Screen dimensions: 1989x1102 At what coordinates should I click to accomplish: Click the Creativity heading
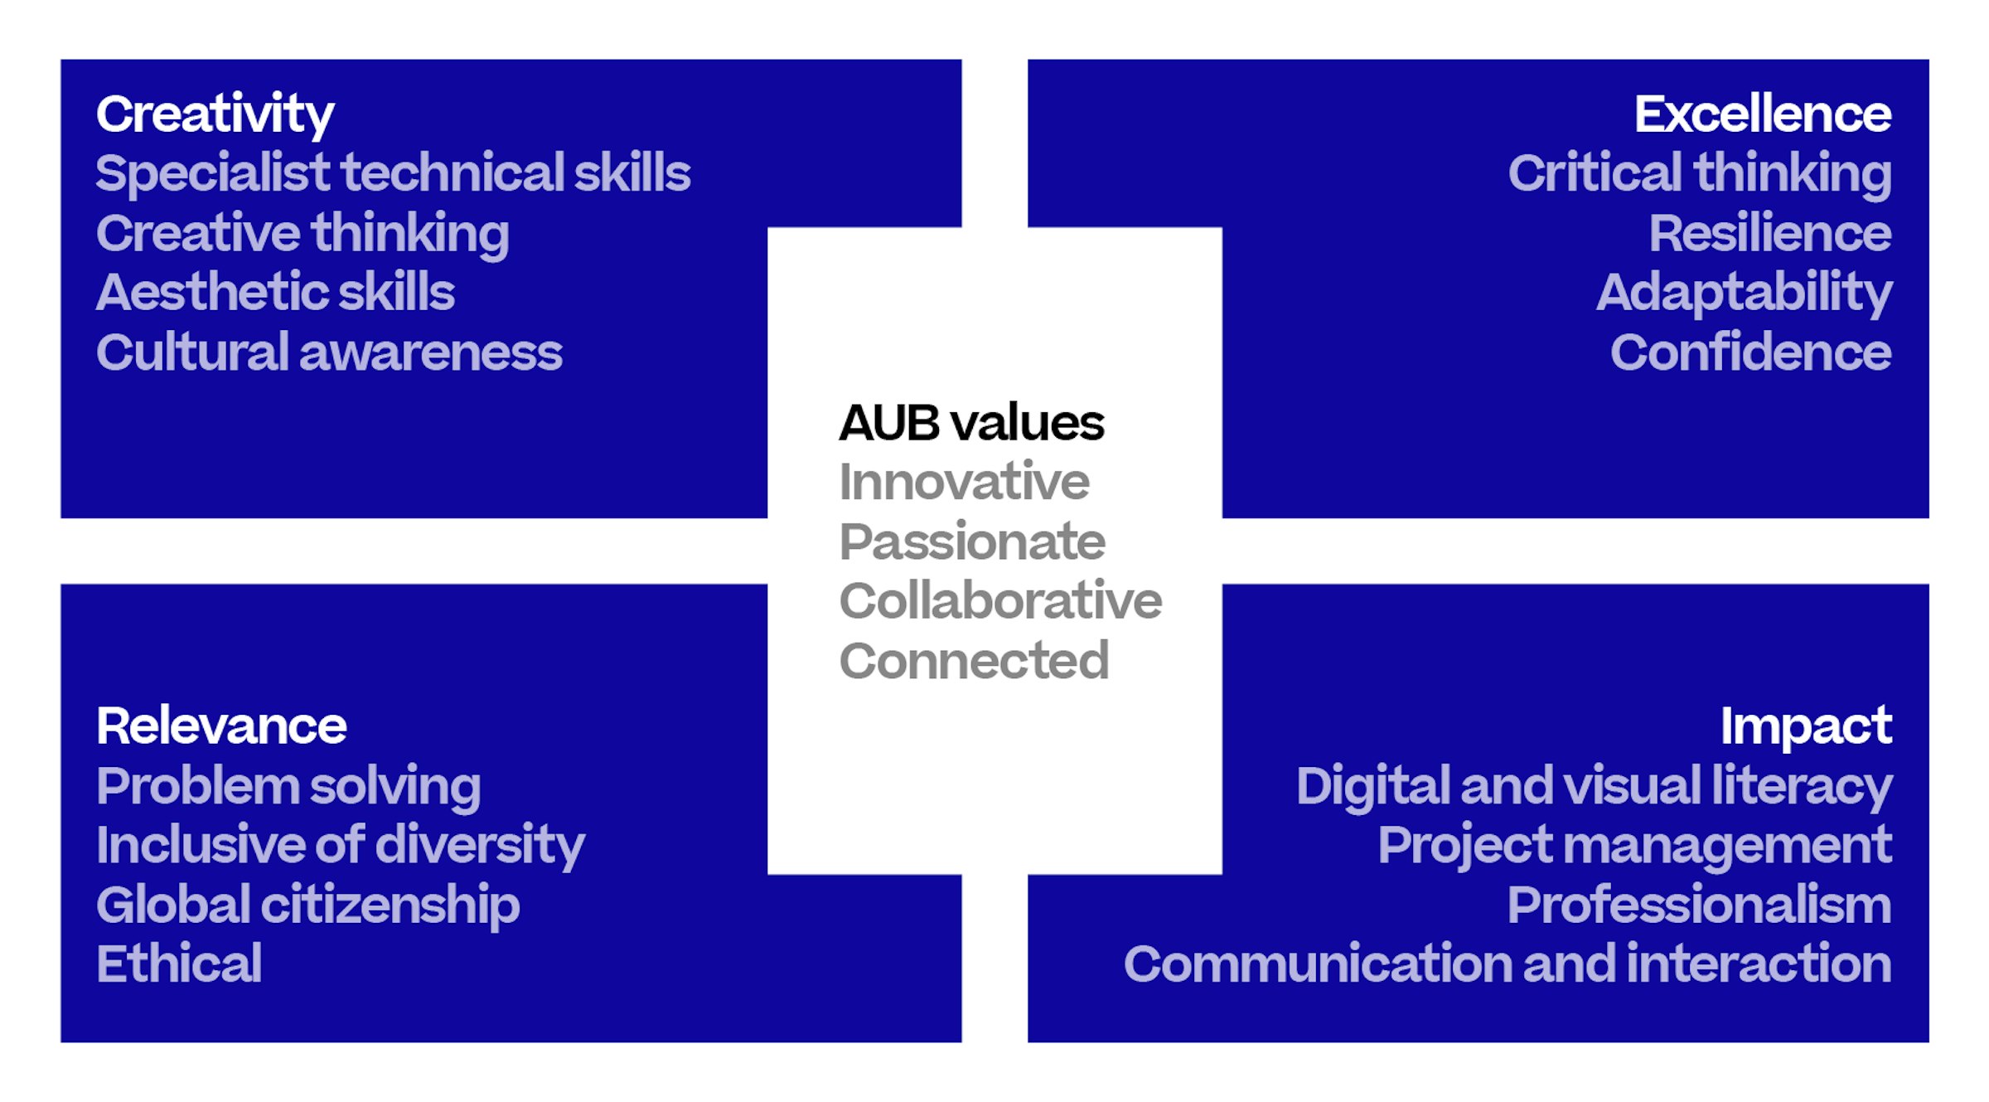tap(215, 115)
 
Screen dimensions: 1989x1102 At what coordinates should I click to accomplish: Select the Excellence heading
tap(1763, 114)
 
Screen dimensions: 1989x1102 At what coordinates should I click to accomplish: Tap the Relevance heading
tap(221, 726)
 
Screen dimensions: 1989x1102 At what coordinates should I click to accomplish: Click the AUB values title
tap(971, 423)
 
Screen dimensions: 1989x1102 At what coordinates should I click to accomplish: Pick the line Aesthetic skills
tap(275, 293)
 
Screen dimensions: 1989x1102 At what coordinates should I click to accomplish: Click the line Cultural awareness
tap(329, 352)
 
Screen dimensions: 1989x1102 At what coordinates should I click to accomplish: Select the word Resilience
tap(1770, 233)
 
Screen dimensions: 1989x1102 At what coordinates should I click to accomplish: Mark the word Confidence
tap(1751, 352)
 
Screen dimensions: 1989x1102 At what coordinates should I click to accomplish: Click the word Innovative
tap(964, 482)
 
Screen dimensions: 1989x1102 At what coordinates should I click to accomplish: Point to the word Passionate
tap(972, 541)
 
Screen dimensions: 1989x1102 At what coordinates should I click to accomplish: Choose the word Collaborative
tap(1000, 600)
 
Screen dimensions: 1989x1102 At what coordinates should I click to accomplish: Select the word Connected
tap(974, 661)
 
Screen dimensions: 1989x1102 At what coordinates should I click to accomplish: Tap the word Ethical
tap(179, 964)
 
